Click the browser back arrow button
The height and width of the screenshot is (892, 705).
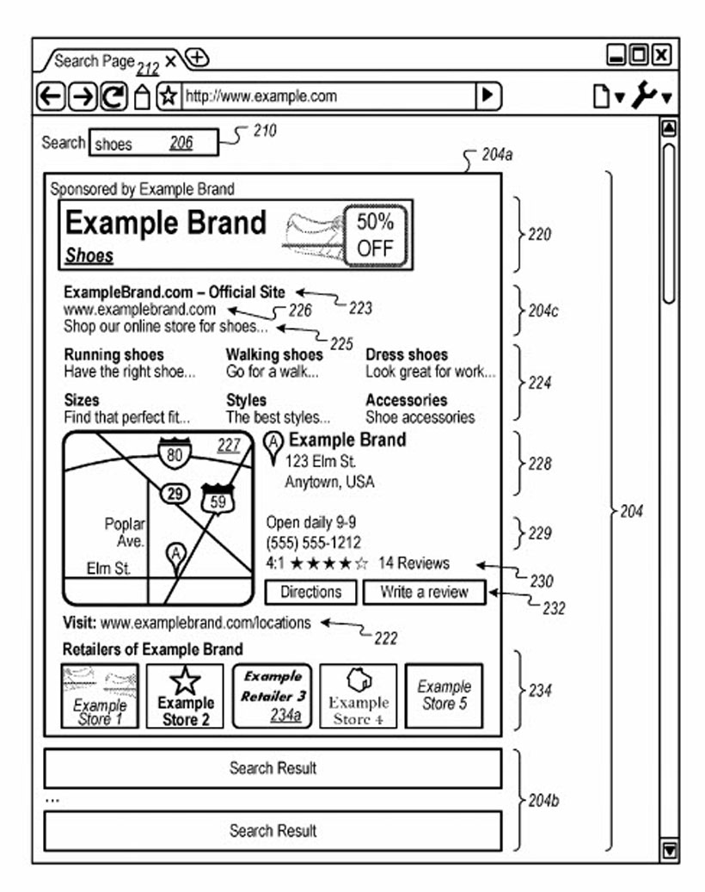tap(52, 96)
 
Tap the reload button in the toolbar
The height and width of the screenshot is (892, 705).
tap(113, 96)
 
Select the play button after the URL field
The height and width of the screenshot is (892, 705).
tap(488, 95)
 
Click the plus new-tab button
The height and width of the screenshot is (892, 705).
tap(198, 58)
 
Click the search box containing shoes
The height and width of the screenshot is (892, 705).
tap(153, 144)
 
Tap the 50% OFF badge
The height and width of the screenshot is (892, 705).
tap(375, 235)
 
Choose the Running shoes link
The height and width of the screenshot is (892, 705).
tap(113, 354)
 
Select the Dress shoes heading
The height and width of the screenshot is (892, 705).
tap(407, 354)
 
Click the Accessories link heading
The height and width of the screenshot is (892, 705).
tap(407, 400)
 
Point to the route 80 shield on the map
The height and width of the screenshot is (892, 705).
tap(175, 453)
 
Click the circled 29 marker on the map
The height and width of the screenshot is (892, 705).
tap(175, 494)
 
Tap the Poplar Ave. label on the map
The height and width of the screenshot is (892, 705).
tap(126, 532)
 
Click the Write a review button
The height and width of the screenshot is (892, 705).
tap(424, 592)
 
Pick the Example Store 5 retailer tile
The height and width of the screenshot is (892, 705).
tap(444, 695)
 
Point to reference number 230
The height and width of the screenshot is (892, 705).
tap(541, 581)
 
